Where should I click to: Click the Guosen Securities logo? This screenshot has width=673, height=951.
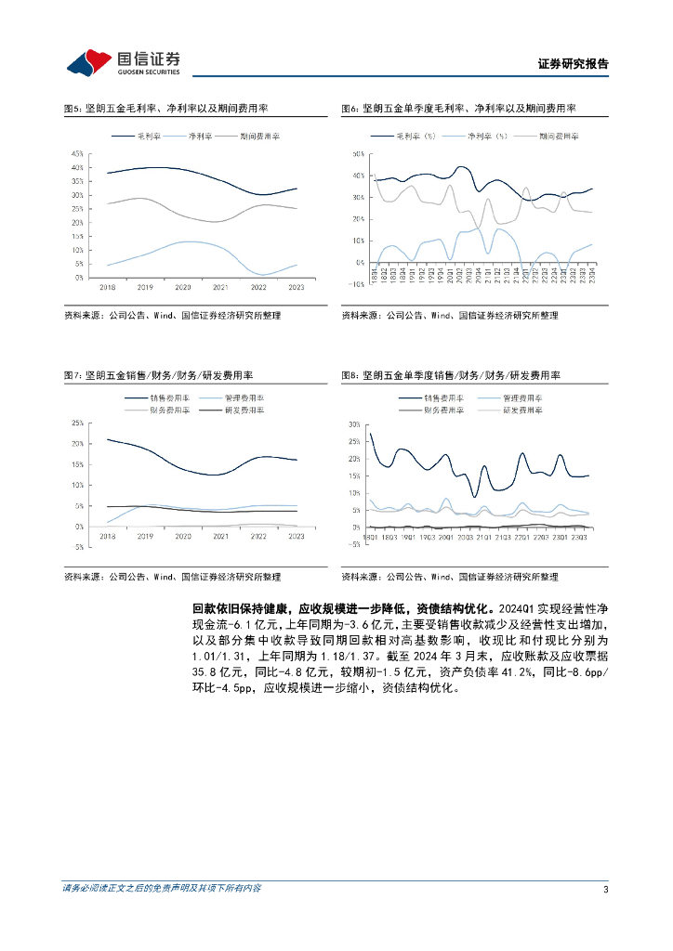tap(123, 62)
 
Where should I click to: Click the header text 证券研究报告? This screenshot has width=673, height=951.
tap(573, 64)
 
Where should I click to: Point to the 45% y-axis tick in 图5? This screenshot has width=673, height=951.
tap(78, 153)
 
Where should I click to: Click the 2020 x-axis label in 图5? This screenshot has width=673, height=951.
tap(183, 288)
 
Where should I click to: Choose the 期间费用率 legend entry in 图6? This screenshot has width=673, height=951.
tap(559, 136)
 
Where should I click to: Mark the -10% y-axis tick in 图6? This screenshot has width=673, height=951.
tap(353, 284)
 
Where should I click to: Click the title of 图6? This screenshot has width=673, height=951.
tap(458, 109)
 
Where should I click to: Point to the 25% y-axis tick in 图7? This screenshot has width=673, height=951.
tap(77, 423)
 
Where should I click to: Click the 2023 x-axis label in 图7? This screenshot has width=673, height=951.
tap(297, 536)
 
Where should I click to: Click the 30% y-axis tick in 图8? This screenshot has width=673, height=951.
tap(354, 423)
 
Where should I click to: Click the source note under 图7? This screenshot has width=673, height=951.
tap(172, 577)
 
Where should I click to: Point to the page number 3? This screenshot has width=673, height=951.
tap(605, 889)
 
